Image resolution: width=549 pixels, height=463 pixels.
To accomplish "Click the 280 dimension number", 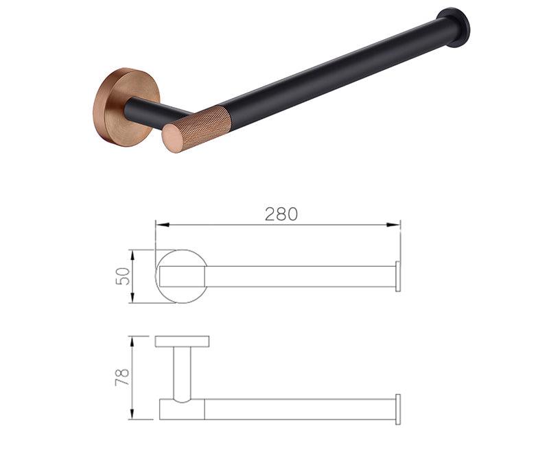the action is click(281, 214).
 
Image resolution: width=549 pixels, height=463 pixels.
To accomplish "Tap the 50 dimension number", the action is click(123, 276).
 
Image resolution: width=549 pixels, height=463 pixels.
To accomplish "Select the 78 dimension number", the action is click(122, 377).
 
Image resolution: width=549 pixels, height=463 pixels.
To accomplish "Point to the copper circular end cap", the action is click(172, 139).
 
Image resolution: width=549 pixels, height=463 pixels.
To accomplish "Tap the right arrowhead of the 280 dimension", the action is click(393, 225).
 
